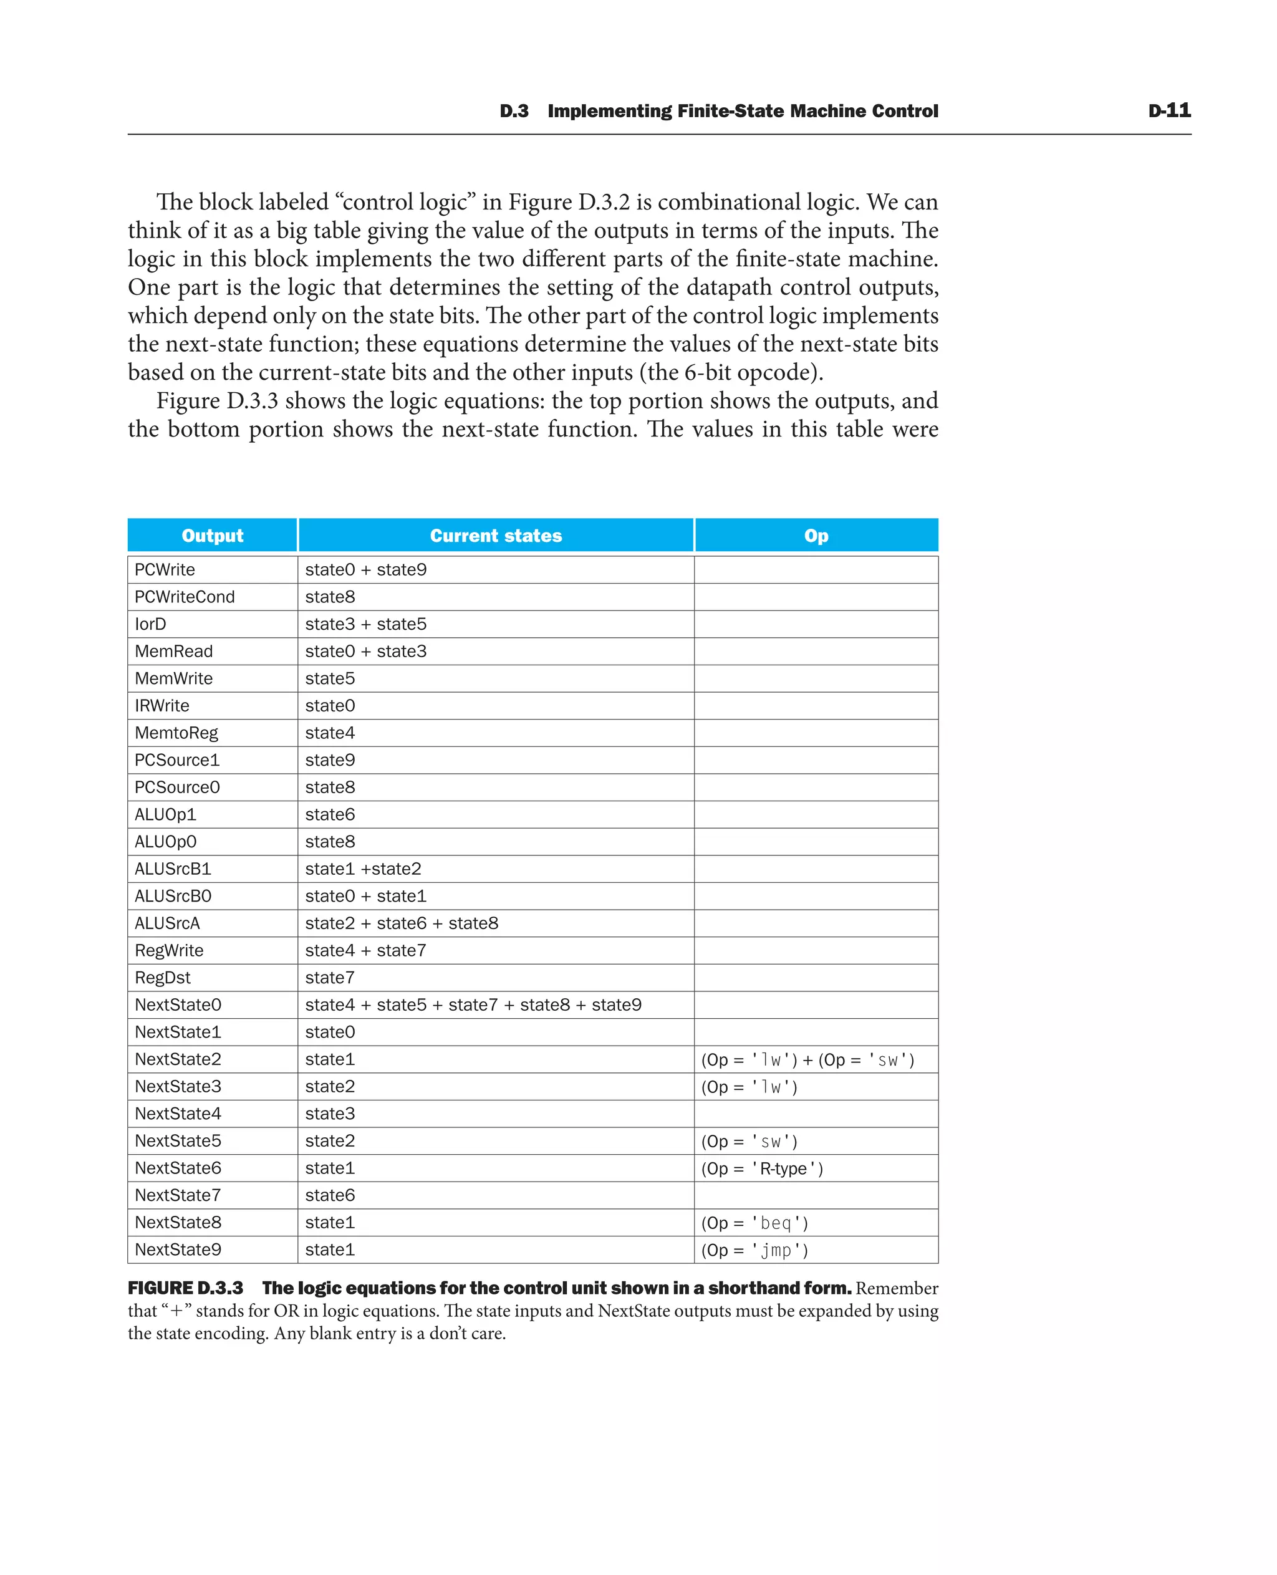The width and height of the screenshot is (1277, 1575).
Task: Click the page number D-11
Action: tap(1169, 111)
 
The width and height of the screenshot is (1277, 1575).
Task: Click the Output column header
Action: tap(213, 536)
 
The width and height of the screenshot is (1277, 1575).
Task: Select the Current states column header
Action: tap(496, 536)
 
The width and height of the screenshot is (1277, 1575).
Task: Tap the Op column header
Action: tap(816, 536)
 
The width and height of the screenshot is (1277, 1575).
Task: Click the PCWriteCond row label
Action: tap(185, 597)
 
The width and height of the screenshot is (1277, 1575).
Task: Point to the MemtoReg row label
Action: tap(176, 733)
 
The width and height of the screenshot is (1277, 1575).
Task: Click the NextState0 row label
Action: tap(178, 1005)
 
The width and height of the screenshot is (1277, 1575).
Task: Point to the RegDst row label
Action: tap(163, 978)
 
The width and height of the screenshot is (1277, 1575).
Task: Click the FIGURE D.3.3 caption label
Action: tap(185, 1288)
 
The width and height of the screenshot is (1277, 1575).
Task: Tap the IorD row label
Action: tap(151, 624)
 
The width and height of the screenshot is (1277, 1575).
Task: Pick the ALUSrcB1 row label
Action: tap(173, 869)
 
